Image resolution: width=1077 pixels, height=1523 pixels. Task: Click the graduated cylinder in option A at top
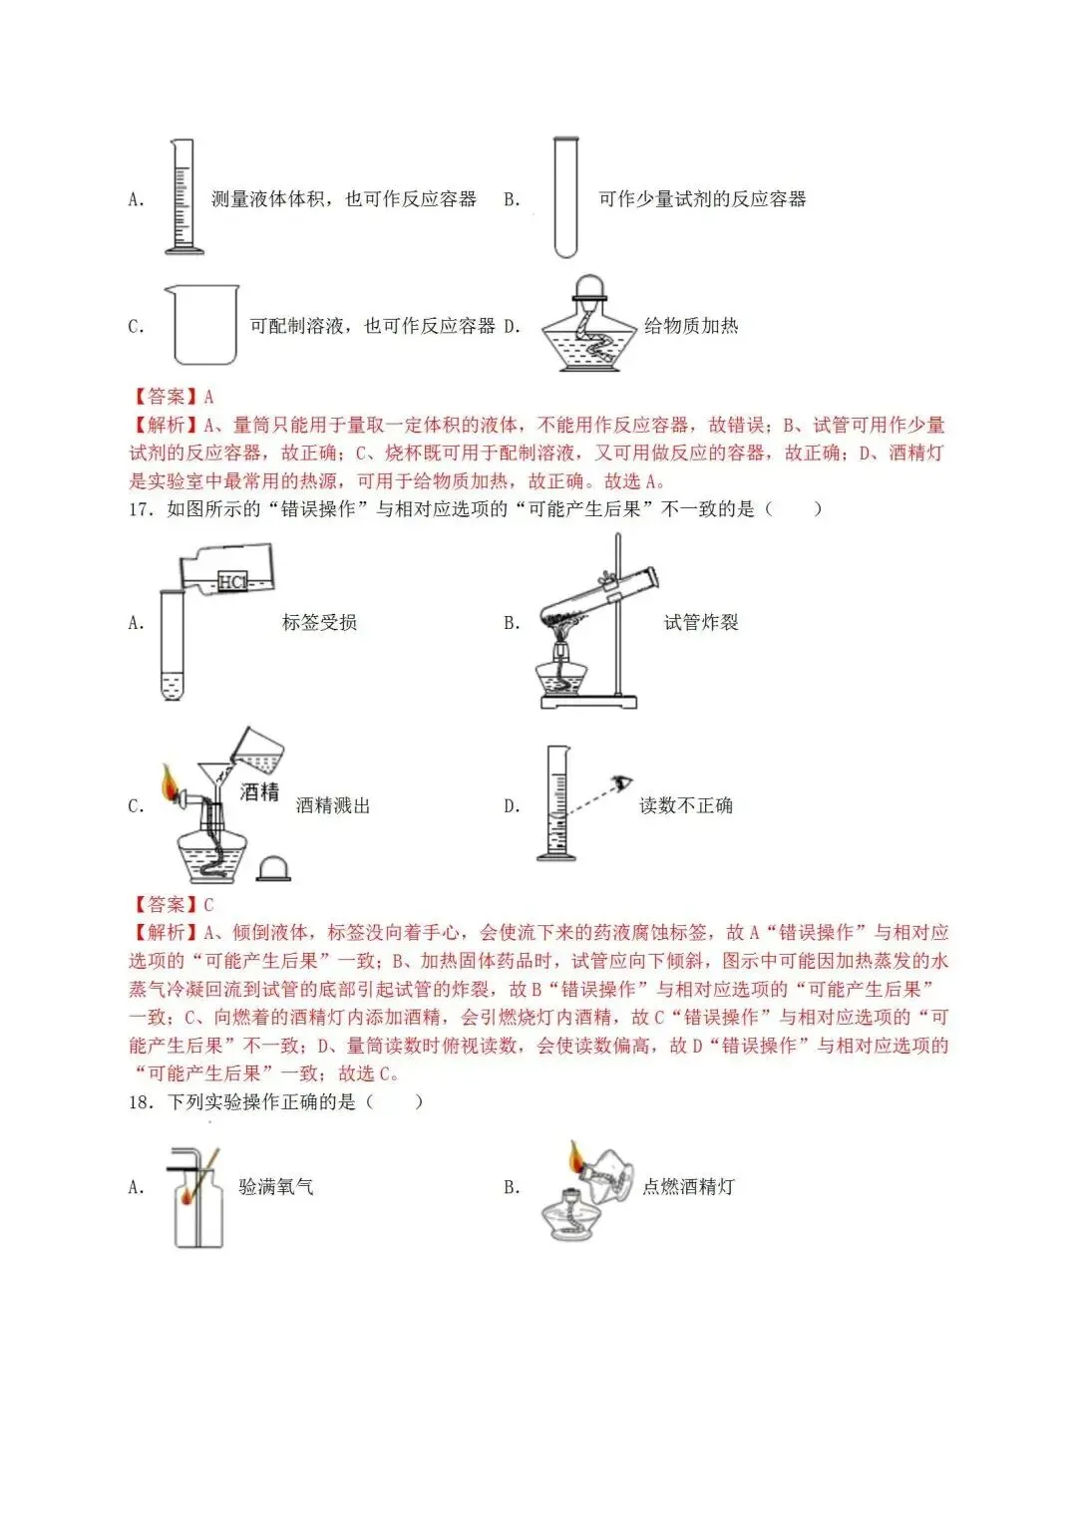pos(182,197)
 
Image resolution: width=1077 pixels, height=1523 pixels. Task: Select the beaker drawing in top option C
pos(204,325)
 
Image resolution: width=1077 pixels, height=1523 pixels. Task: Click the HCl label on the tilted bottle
pos(232,581)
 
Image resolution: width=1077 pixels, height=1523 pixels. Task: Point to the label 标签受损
pos(319,623)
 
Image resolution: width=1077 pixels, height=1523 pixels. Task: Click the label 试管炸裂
pos(701,623)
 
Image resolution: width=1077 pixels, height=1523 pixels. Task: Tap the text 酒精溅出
pos(333,806)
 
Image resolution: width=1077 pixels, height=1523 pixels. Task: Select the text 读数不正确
pos(686,806)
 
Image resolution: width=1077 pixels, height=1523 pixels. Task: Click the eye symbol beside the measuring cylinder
pos(625,783)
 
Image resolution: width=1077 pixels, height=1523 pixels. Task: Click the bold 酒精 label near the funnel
pos(260,792)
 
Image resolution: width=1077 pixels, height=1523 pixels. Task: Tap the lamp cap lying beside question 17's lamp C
pos(273,868)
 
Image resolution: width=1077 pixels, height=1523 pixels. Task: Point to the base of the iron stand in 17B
pos(588,702)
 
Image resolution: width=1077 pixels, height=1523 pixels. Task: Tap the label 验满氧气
pos(276,1187)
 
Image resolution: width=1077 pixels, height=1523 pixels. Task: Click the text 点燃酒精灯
pos(688,1187)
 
